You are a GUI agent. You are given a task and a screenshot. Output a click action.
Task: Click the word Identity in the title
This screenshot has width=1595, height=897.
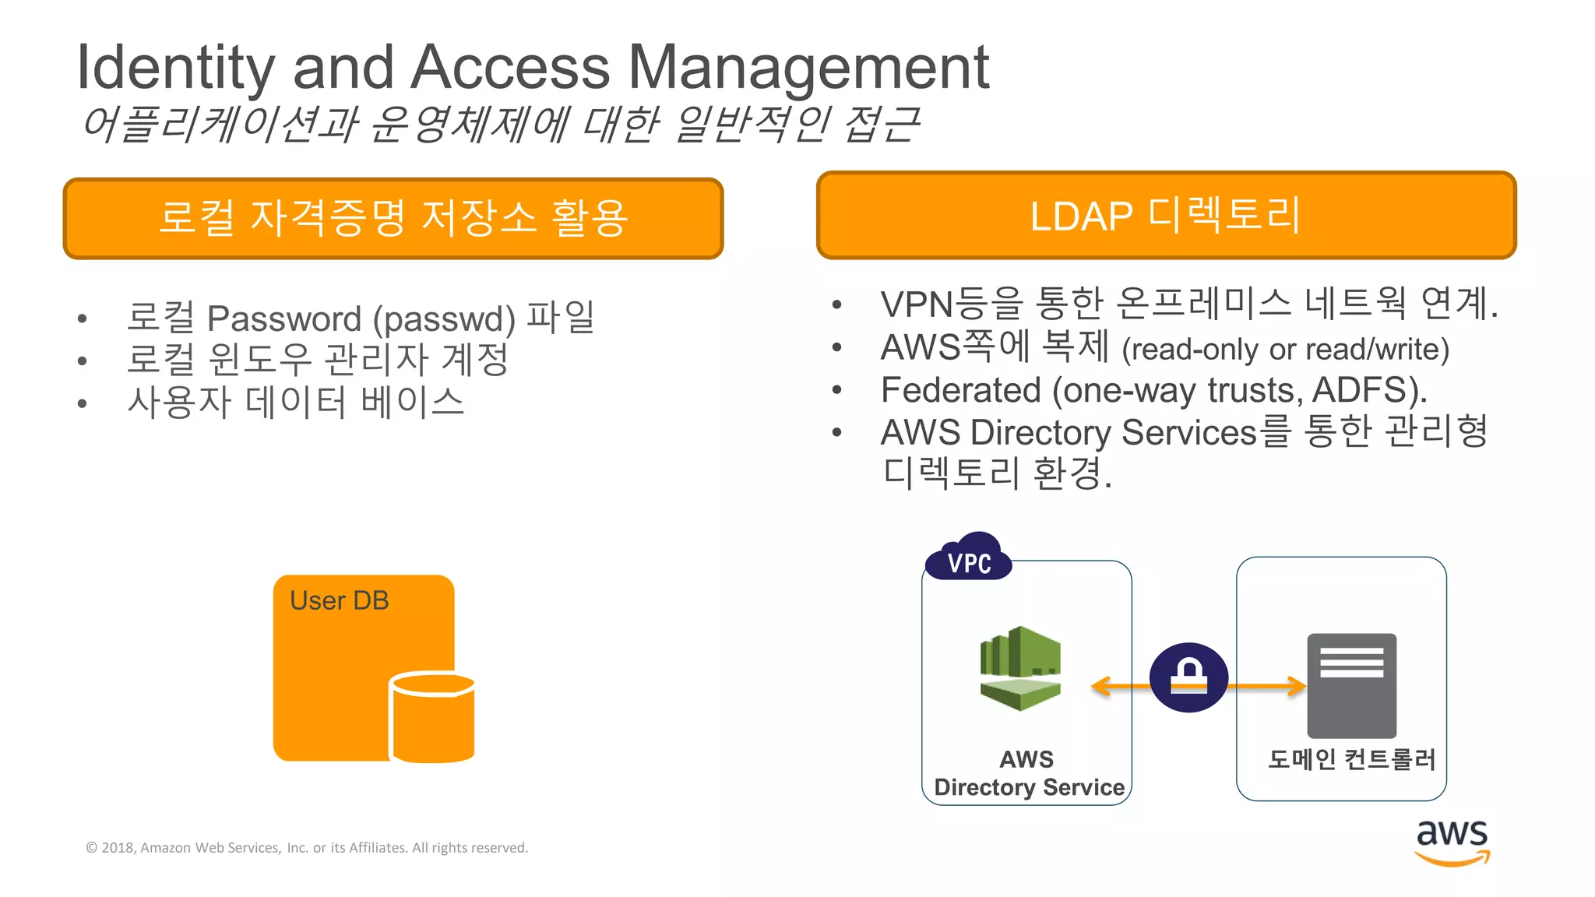click(x=175, y=69)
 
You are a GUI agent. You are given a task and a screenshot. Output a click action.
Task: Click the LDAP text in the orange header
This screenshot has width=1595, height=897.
click(x=1081, y=216)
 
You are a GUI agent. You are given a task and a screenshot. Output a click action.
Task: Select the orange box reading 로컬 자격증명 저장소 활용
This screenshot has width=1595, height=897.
click(x=393, y=218)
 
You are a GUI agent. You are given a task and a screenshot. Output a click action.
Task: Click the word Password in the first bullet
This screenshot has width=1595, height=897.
click(x=284, y=318)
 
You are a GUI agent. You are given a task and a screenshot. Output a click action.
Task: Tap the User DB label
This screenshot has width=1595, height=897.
click(x=339, y=600)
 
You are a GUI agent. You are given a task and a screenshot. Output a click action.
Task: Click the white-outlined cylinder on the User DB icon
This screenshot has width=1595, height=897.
click(x=432, y=717)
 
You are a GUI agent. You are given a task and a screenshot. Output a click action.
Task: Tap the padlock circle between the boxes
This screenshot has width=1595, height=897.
click(x=1188, y=677)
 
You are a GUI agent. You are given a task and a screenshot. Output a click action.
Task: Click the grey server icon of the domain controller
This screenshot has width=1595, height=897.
click(x=1351, y=685)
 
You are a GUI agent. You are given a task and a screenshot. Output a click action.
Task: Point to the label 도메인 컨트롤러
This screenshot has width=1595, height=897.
click(x=1351, y=758)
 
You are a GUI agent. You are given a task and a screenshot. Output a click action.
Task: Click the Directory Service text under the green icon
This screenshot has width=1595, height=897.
click(x=1029, y=787)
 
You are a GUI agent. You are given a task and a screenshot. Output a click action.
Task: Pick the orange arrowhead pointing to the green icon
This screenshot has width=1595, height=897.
click(x=1100, y=686)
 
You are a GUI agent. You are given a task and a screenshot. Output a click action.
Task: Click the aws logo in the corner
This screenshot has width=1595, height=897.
click(x=1452, y=841)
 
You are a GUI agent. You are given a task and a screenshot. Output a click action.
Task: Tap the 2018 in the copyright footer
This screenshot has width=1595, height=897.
click(x=118, y=848)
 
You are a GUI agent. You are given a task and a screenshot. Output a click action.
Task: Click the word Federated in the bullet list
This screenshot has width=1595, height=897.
click(x=960, y=390)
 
